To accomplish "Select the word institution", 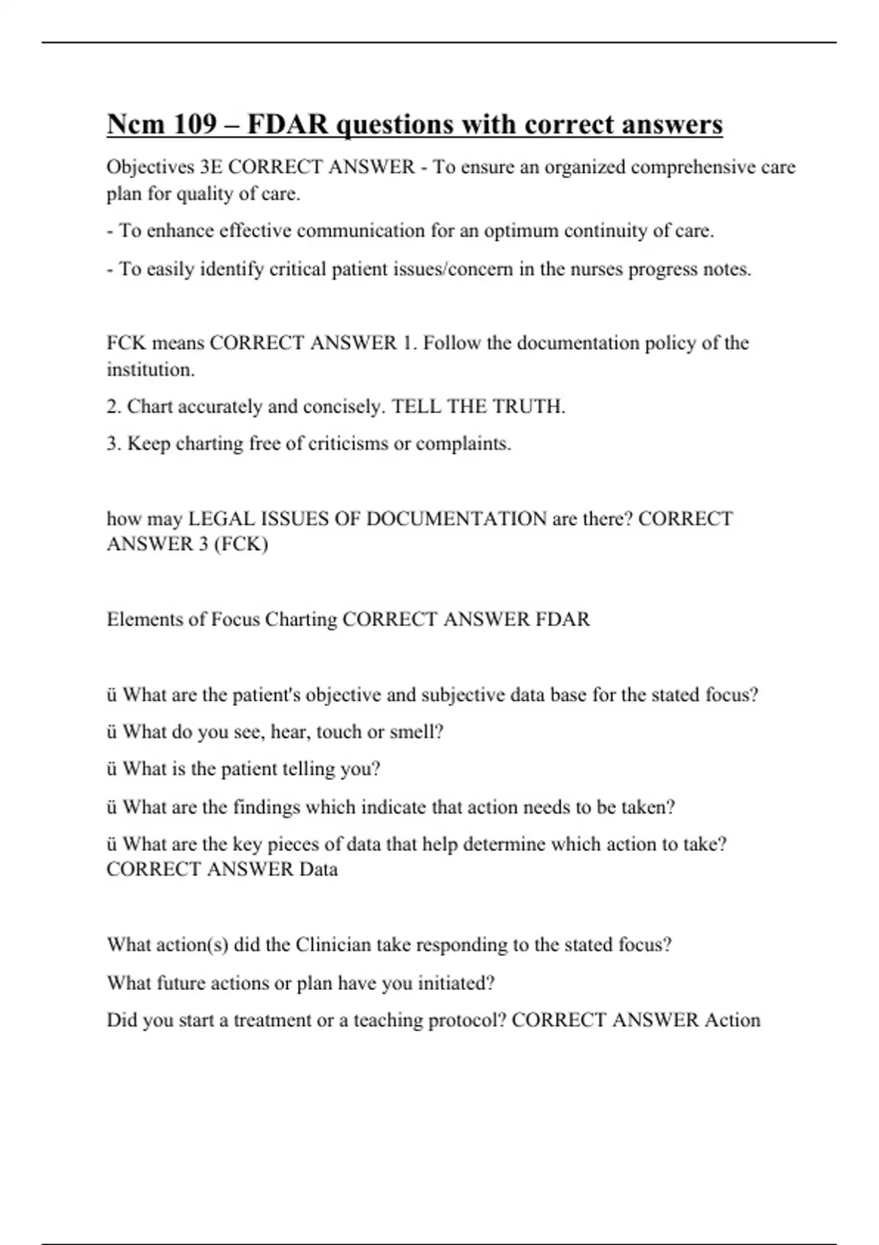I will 150,370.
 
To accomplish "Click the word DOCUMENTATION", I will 456,519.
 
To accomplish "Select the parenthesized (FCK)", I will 241,544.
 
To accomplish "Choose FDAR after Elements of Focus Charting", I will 562,620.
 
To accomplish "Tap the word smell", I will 419,732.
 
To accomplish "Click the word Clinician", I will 333,945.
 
